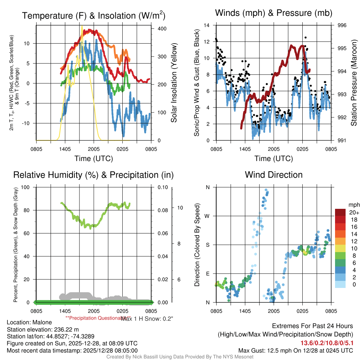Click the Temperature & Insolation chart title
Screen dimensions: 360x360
94,16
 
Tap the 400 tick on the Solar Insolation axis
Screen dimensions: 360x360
157,28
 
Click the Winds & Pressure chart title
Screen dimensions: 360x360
274,13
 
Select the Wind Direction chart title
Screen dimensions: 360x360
274,175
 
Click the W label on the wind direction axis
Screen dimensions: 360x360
207,216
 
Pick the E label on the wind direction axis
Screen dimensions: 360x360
207,274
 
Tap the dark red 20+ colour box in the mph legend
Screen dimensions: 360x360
340,212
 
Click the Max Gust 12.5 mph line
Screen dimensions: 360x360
295,350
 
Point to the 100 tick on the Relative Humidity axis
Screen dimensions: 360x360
26,187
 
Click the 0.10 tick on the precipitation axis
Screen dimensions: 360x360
162,187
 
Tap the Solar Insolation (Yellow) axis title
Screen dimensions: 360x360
174,83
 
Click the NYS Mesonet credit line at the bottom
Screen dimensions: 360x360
180,357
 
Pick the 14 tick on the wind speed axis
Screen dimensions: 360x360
207,25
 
